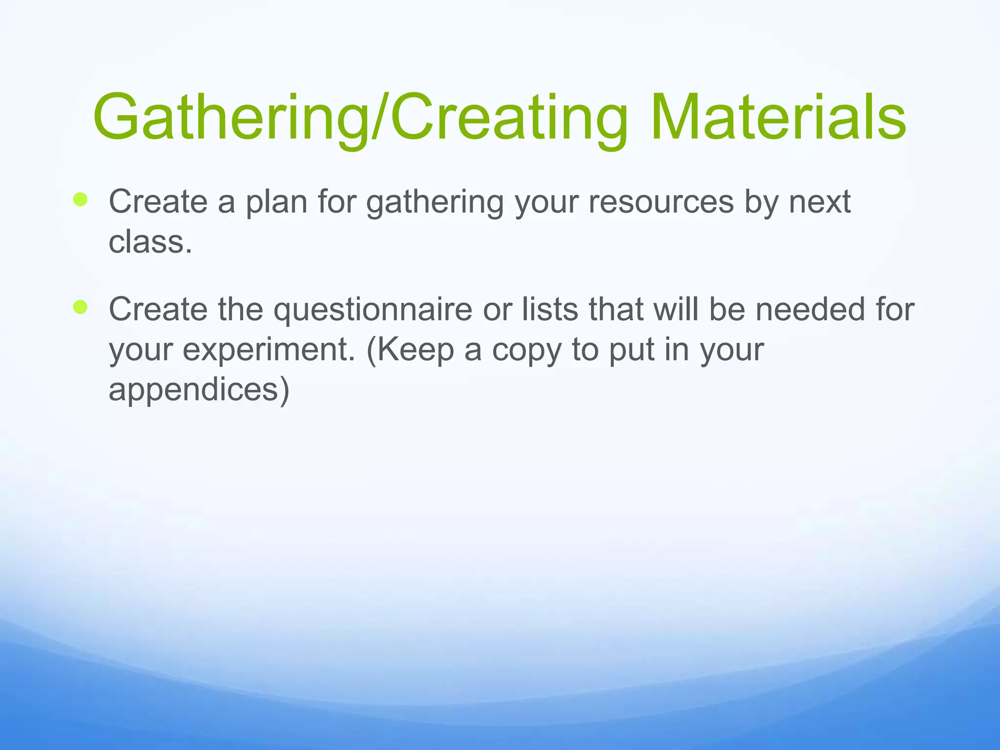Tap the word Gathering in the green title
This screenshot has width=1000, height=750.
tap(229, 118)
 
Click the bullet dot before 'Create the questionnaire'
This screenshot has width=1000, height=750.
tap(80, 307)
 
